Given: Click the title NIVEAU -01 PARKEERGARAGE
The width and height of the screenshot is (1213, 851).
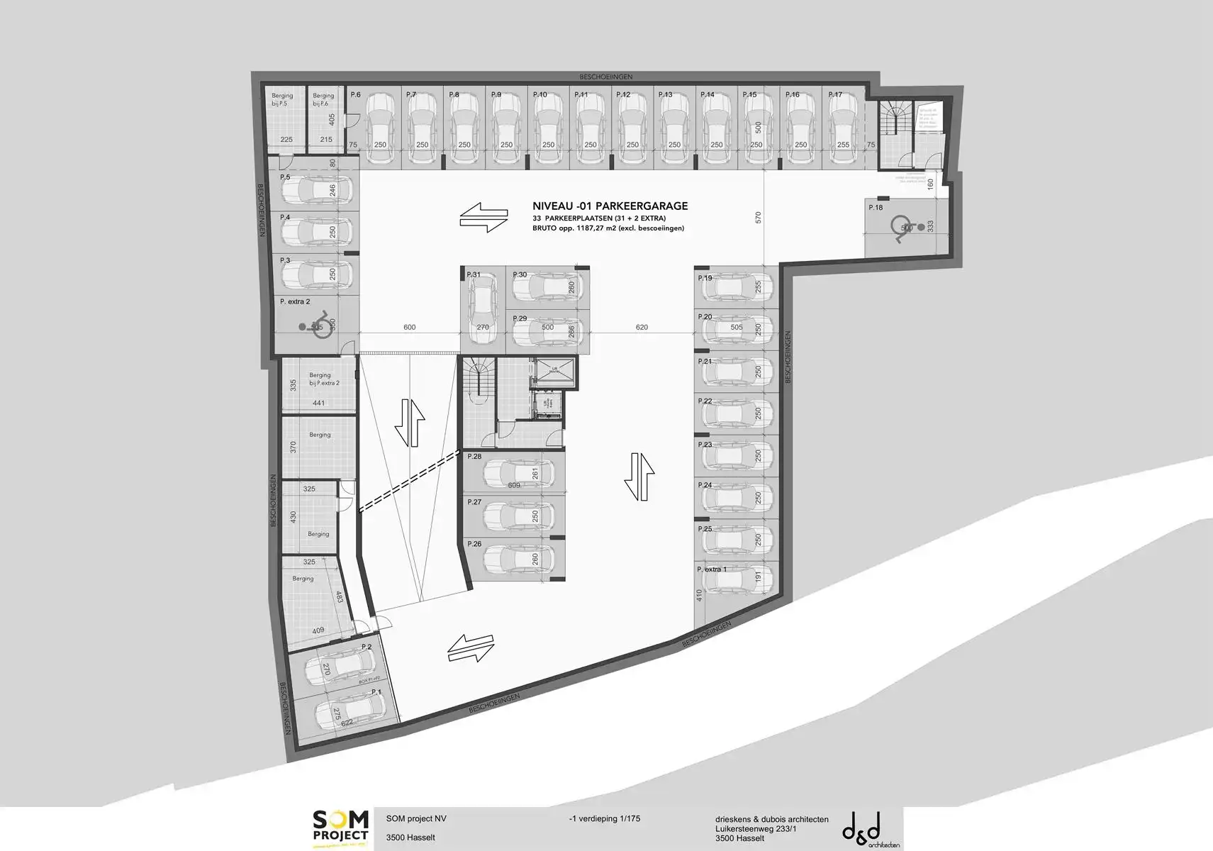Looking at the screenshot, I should coord(610,206).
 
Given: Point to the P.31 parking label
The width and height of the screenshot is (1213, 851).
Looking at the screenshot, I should coord(473,275).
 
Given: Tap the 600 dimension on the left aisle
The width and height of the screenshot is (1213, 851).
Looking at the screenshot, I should coord(409,328).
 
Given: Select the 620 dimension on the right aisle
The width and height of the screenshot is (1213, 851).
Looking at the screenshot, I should coord(642,328).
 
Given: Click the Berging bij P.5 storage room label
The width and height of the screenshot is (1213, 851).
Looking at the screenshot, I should coord(282,99).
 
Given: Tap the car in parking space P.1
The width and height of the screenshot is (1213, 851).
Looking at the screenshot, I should coord(348,711).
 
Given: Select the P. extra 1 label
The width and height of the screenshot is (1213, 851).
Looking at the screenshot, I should coord(712,569).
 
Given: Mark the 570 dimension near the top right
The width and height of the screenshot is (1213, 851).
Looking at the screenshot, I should coord(758,218).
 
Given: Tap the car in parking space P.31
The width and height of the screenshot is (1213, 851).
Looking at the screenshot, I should coord(482,308).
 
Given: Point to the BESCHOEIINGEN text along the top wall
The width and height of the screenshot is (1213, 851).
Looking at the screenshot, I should coord(605,77).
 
